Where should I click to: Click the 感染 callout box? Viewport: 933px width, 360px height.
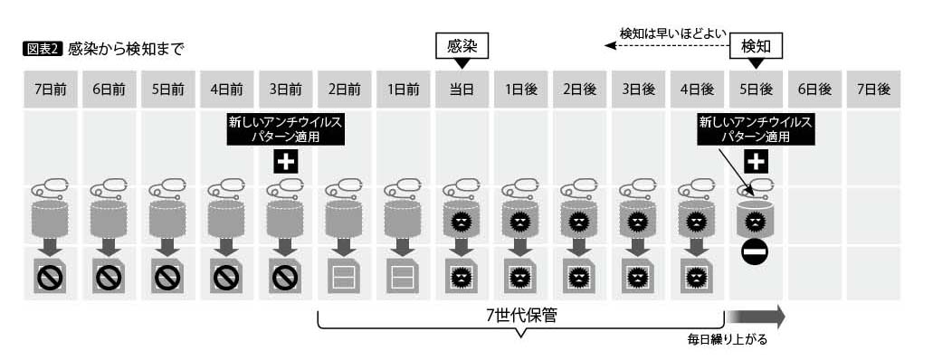click(462, 47)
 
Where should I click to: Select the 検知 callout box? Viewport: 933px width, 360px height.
click(756, 47)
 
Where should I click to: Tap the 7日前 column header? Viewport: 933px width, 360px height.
click(51, 90)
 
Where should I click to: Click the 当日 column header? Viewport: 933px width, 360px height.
click(462, 90)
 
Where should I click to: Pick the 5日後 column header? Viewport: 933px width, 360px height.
click(756, 90)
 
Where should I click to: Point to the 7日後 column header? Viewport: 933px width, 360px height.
click(873, 90)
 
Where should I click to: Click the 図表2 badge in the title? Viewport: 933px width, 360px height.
click(42, 49)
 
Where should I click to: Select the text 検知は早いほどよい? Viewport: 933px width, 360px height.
click(671, 33)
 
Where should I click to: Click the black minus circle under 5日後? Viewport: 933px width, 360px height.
click(755, 252)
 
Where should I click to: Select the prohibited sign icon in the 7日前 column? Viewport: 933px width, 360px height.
click(51, 277)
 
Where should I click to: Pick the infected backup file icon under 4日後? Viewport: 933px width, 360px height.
click(693, 276)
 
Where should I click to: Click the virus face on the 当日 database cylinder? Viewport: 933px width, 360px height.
click(461, 223)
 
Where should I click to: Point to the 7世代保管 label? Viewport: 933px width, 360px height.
click(521, 315)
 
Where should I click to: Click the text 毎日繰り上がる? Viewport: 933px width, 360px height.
click(727, 340)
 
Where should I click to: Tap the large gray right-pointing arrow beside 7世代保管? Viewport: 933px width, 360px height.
click(756, 317)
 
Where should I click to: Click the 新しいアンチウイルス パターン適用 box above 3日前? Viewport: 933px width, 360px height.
click(286, 129)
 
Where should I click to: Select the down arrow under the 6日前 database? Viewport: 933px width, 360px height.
click(109, 247)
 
